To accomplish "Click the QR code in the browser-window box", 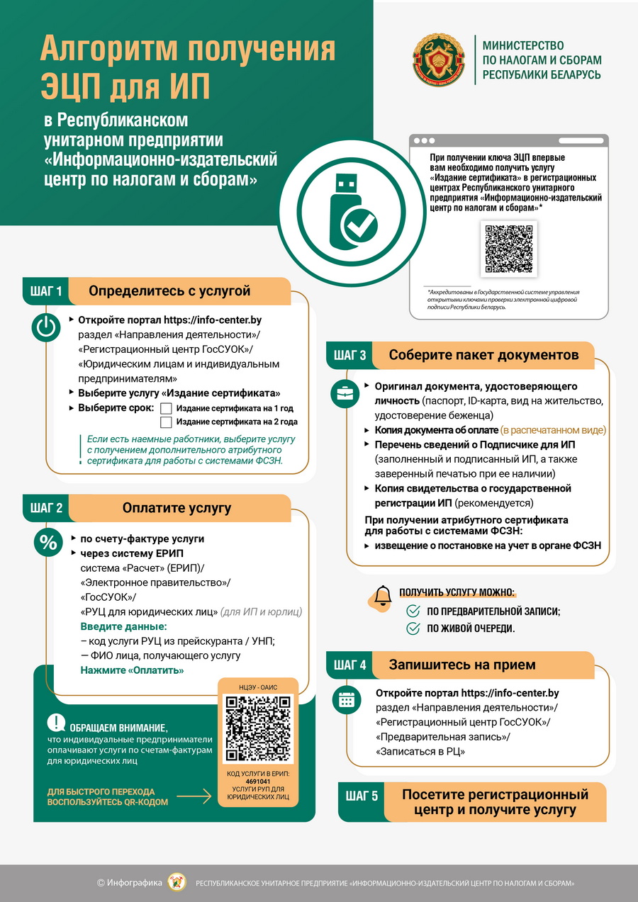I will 509,248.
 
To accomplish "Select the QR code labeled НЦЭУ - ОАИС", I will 257,728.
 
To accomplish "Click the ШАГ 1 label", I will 47,291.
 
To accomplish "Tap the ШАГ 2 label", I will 47,508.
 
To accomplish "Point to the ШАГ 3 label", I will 350,355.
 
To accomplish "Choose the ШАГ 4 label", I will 350,665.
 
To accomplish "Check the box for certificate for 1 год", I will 167,408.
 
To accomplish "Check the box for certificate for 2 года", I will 167,422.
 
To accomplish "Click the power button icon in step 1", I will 47,327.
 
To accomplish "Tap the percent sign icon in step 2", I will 47,543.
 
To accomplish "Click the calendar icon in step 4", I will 346,699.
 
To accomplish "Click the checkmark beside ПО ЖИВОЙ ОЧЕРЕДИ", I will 413,628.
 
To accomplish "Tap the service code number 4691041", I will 257,781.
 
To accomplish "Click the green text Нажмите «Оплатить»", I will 132,670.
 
